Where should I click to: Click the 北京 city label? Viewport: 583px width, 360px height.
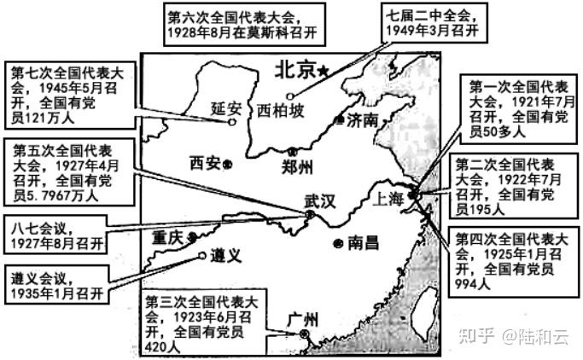click(x=294, y=70)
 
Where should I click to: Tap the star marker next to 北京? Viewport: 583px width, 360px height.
click(x=323, y=73)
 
